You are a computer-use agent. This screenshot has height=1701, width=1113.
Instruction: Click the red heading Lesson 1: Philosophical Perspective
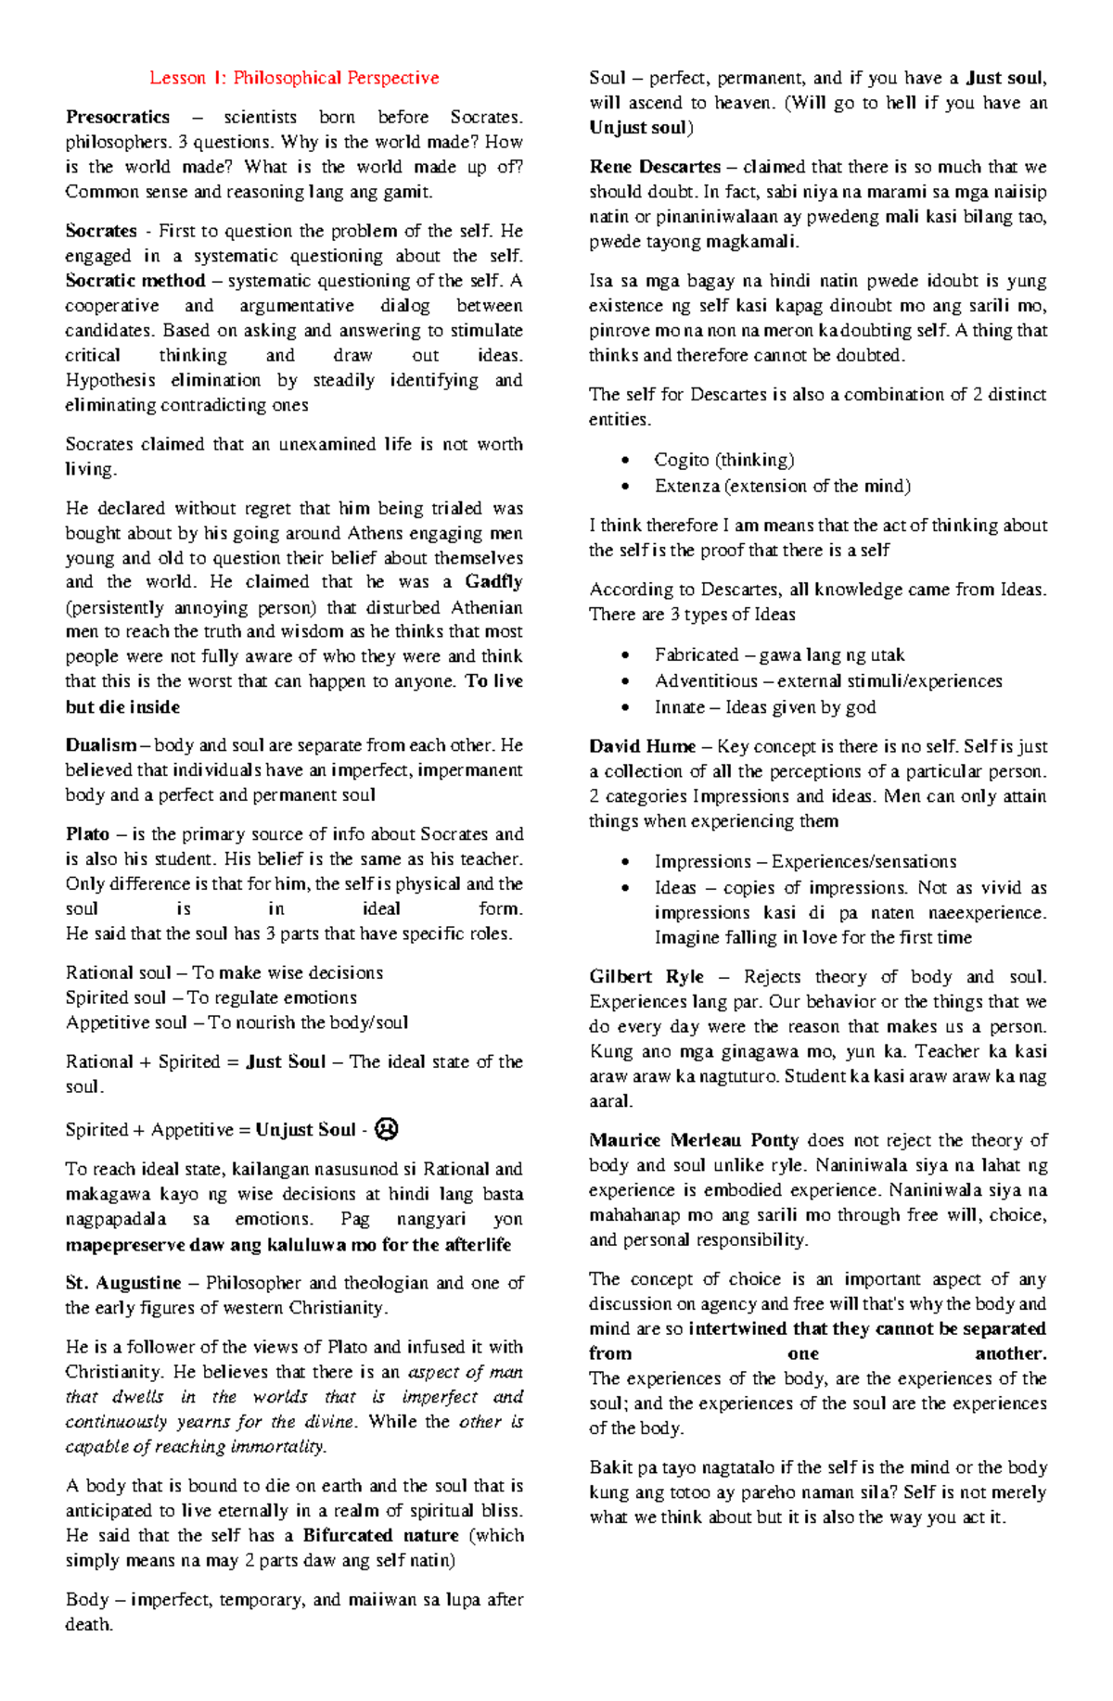point(294,78)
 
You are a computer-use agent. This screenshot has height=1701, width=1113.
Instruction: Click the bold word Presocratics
point(118,117)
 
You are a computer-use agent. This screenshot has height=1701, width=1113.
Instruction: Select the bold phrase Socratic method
point(135,281)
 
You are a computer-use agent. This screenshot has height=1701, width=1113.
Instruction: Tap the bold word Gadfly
point(493,582)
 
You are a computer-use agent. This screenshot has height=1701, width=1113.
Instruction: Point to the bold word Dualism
point(101,745)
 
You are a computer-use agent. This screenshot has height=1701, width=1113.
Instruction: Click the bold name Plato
point(87,834)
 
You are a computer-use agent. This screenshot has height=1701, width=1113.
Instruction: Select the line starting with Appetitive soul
point(237,1022)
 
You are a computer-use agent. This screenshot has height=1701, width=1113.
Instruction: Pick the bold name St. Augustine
point(123,1283)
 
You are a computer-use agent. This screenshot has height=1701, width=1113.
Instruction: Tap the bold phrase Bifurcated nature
point(380,1535)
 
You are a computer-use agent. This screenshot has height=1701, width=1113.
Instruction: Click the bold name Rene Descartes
point(655,167)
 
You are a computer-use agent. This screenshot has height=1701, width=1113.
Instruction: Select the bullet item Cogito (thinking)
point(723,460)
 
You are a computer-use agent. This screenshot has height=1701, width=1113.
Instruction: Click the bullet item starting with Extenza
point(782,486)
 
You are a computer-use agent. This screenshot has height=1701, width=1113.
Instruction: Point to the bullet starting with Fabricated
point(779,654)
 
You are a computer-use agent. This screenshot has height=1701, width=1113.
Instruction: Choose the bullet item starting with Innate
point(764,707)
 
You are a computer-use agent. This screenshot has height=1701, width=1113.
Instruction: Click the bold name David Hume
point(642,746)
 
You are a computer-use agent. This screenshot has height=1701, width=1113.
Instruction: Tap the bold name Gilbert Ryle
point(646,977)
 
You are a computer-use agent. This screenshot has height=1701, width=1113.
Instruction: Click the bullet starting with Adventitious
point(827,681)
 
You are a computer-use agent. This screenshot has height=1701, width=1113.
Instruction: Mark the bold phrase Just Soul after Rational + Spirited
point(286,1062)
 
